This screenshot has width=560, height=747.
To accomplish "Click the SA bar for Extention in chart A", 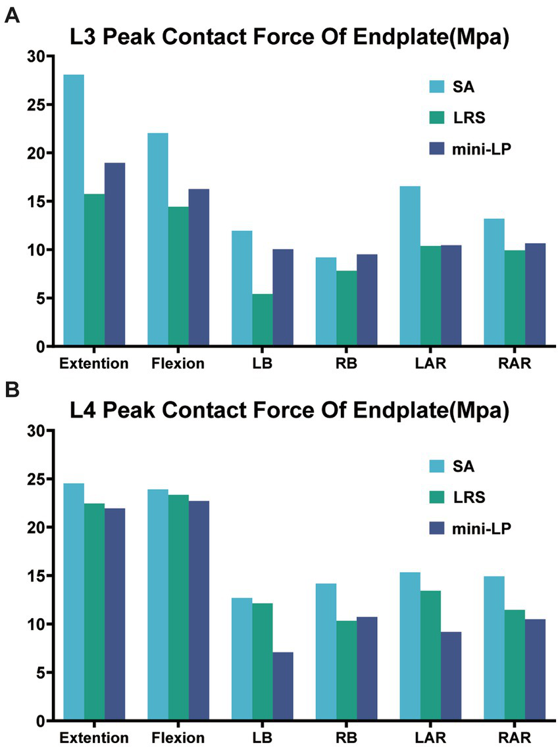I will (74, 210).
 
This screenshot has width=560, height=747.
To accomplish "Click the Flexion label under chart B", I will (178, 737).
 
